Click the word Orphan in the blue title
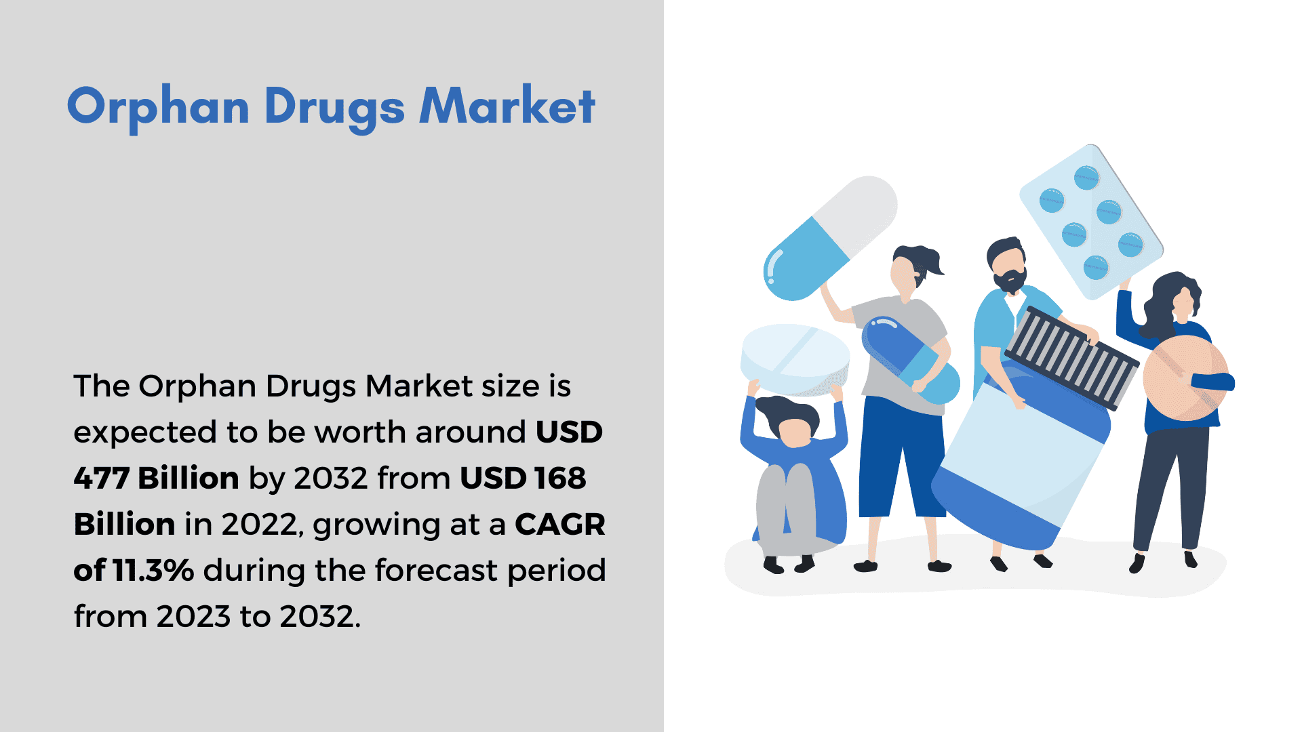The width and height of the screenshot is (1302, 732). click(159, 107)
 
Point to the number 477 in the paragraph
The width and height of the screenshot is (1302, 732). click(101, 479)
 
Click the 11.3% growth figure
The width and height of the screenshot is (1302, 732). click(153, 571)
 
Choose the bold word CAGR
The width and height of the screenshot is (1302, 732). click(559, 525)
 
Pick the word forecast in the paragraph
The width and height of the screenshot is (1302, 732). click(435, 571)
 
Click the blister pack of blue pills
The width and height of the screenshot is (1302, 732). click(1091, 222)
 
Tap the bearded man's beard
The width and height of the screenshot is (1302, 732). click(1011, 279)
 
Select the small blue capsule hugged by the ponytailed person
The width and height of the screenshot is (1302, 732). click(911, 360)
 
